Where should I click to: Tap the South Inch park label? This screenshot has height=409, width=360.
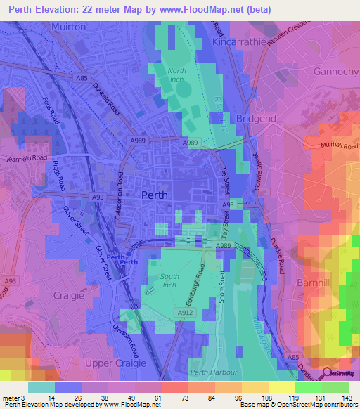click(170, 281)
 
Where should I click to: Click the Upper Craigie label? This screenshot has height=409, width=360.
click(115, 363)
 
